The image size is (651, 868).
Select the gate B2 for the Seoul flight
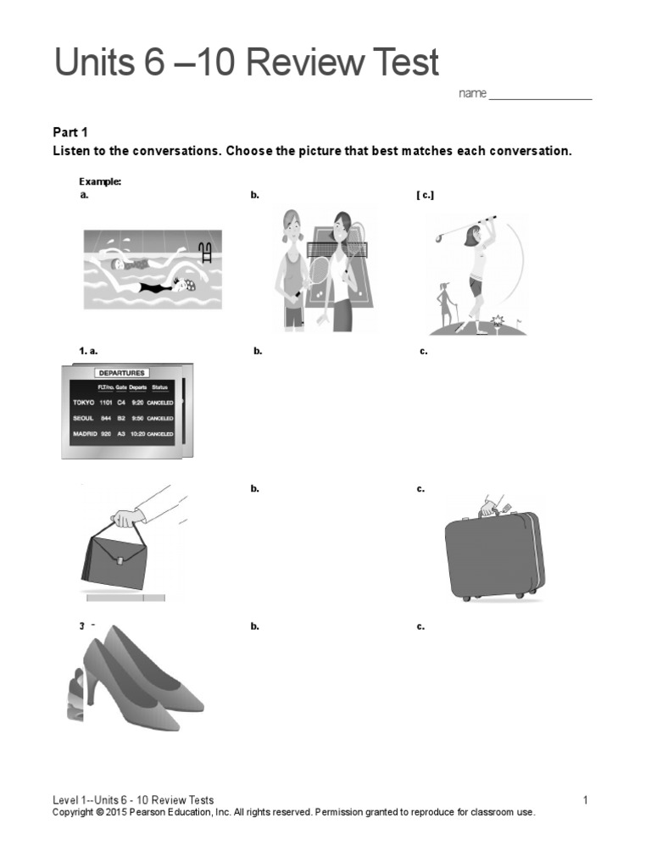click(x=121, y=418)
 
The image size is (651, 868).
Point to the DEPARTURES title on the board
click(x=121, y=372)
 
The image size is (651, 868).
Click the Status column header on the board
click(x=159, y=387)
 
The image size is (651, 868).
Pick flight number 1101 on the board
click(x=104, y=403)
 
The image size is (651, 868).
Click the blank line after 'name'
click(x=540, y=94)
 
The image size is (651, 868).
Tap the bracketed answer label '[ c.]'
click(x=425, y=195)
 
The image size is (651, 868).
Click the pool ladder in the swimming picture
click(x=204, y=251)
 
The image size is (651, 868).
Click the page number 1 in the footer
click(x=585, y=800)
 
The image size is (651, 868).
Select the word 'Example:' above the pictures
click(x=100, y=181)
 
